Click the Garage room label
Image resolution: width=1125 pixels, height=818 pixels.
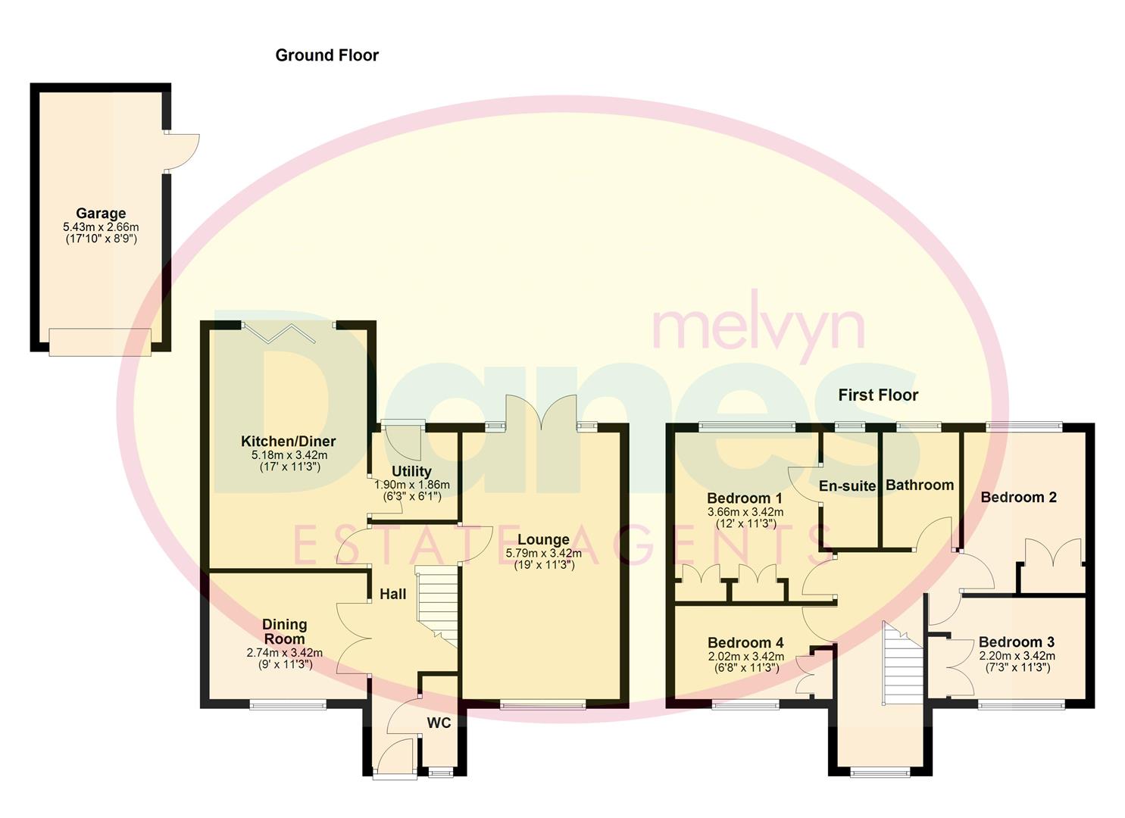(101, 214)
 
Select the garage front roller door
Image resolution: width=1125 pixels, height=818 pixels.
(100, 342)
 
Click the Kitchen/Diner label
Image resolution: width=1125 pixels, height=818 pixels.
(288, 442)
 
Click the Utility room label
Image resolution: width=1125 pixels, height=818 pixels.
(411, 471)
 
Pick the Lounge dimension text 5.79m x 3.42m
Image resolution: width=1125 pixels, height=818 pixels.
(543, 553)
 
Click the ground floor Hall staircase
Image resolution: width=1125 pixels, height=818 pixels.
(439, 603)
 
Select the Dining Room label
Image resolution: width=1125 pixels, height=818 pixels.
(284, 632)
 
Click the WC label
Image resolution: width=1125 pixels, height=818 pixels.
(439, 723)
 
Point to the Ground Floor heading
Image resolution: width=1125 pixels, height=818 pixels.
(327, 55)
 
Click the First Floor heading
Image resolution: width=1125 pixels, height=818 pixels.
(878, 395)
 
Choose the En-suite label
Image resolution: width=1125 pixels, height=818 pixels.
(847, 486)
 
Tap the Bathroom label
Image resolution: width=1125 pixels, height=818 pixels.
(920, 485)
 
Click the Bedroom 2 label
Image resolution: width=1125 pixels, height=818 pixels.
(1018, 498)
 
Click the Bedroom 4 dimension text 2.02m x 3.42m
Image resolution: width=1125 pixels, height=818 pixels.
(745, 657)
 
